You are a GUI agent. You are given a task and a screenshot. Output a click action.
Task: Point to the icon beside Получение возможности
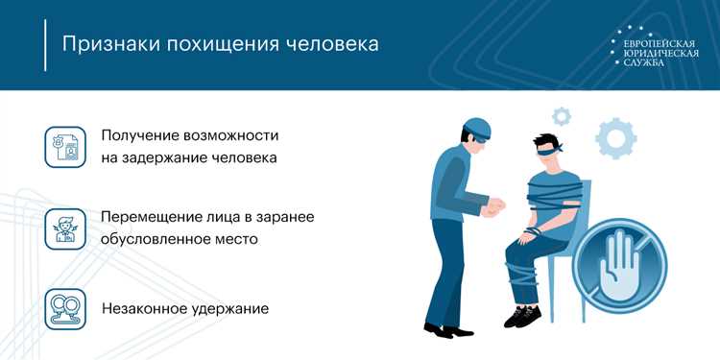click(x=64, y=145)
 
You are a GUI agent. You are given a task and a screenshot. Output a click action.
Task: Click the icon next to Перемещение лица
click(x=64, y=227)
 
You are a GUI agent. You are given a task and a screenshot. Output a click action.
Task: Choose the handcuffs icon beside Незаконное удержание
click(x=64, y=309)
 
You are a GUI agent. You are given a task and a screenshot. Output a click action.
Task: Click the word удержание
click(x=233, y=309)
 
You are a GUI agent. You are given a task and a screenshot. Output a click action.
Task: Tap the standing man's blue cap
click(x=476, y=127)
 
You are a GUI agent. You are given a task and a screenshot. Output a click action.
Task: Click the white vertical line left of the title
click(x=45, y=44)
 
